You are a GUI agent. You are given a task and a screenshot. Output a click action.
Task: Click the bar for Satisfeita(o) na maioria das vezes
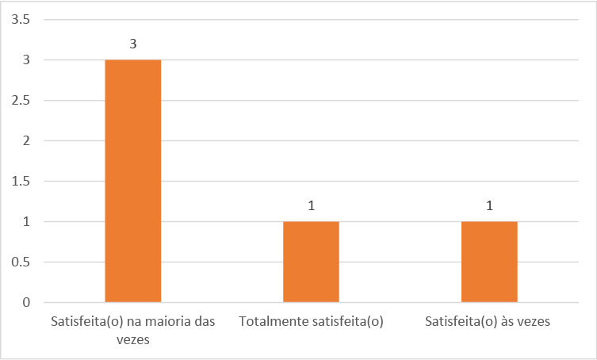[133, 181]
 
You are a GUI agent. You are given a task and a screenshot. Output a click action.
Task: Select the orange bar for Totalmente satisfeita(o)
[311, 262]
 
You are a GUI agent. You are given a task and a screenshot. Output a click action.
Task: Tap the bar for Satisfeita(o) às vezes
[489, 262]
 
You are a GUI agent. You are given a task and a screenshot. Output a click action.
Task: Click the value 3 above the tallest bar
[133, 44]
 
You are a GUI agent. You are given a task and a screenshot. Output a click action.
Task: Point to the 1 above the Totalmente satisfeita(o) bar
[312, 206]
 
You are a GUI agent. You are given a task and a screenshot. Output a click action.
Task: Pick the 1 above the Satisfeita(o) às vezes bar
[489, 206]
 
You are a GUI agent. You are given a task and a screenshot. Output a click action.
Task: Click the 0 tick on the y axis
[26, 302]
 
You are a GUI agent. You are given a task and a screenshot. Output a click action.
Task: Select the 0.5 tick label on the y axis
[21, 262]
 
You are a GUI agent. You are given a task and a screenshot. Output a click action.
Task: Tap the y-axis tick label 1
[26, 221]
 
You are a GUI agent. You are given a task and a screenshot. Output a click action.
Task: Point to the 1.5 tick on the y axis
[21, 181]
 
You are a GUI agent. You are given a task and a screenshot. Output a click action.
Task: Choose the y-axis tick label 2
[26, 140]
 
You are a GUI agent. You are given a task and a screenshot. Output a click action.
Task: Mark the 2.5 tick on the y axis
[21, 100]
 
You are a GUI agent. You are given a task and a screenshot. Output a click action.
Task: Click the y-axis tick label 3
[26, 59]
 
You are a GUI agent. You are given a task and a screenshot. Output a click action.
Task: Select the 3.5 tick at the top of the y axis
[21, 19]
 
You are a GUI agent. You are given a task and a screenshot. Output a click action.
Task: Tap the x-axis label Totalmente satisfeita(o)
[311, 322]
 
